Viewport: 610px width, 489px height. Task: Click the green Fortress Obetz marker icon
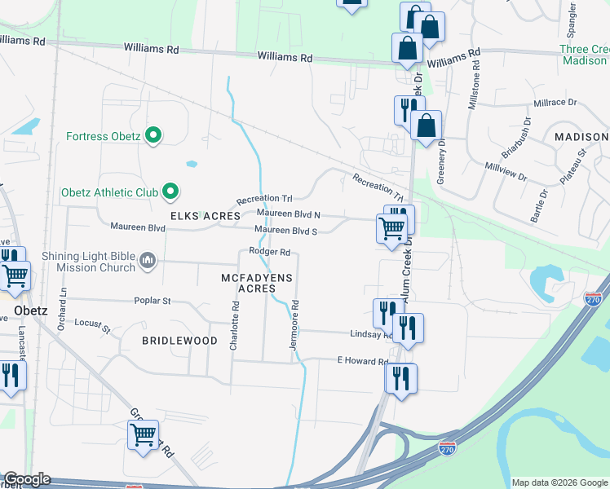152,136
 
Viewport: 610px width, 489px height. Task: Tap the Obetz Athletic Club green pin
170,192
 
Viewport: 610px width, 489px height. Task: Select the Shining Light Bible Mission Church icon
148,261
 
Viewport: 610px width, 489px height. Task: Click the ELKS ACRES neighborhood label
206,216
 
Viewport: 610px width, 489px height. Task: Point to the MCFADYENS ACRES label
257,284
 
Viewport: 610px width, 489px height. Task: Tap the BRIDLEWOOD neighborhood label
179,341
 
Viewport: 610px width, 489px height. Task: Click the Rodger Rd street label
270,253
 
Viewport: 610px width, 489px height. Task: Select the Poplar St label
152,301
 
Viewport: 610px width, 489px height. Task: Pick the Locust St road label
91,326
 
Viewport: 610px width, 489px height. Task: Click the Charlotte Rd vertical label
235,327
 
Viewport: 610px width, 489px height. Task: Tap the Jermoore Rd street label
295,327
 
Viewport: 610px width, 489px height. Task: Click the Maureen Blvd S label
285,231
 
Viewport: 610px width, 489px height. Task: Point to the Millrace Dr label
555,104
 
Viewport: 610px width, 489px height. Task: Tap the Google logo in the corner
27,479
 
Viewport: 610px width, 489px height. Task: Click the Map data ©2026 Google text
559,482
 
